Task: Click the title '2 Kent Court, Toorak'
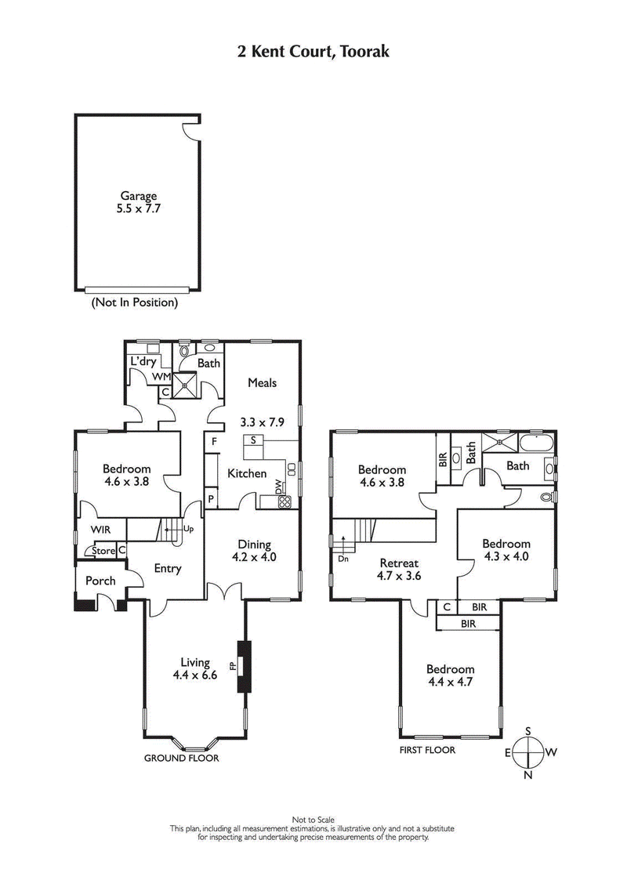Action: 313,52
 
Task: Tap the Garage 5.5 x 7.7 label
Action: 138,202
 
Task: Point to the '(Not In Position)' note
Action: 135,302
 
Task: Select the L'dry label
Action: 143,361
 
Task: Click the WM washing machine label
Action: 161,377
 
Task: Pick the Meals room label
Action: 262,382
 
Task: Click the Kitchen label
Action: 247,473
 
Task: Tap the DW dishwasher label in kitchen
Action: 278,486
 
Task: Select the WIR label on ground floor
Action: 101,530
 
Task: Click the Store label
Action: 103,551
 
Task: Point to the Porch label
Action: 100,581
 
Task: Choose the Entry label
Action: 168,569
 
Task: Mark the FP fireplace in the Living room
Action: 233,667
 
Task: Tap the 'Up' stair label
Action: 188,529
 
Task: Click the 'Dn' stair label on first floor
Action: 342,559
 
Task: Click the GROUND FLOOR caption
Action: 181,758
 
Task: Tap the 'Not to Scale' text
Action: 313,820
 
